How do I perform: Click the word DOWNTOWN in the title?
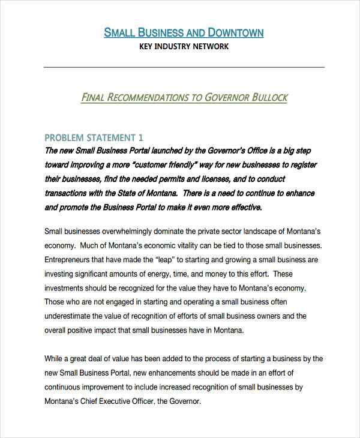(235, 32)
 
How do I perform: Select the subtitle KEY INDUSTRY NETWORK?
(184, 47)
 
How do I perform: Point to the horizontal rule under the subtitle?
(184, 67)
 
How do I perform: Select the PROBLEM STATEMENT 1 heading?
(94, 137)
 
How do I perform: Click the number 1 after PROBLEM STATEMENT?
(141, 137)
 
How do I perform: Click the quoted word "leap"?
(166, 260)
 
